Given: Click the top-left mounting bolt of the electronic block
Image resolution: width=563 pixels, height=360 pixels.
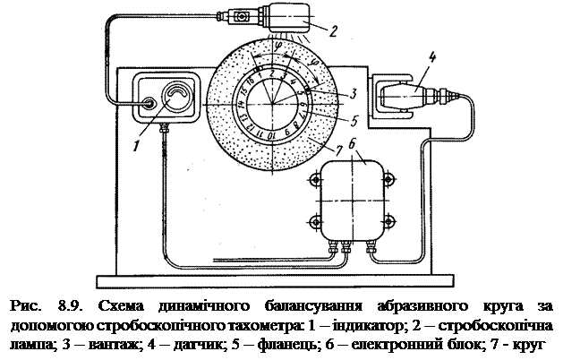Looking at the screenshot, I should click(x=312, y=181).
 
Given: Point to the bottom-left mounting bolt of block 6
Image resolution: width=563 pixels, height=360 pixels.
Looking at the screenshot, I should click(x=312, y=221).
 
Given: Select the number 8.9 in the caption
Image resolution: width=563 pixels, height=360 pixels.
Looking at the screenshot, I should click(x=74, y=306).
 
